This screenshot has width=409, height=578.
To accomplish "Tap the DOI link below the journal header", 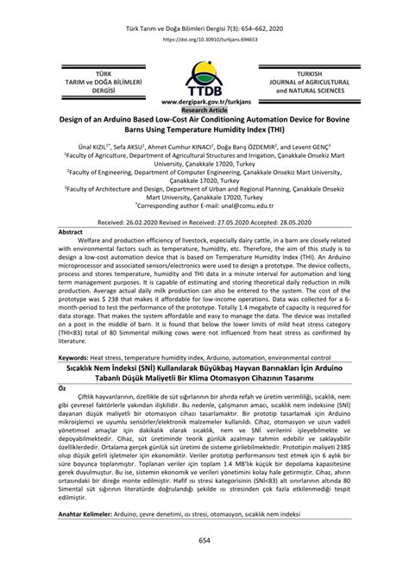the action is (x=204, y=39).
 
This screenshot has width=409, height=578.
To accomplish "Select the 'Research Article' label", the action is (x=204, y=110).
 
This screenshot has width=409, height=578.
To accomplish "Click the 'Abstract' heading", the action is (x=70, y=233).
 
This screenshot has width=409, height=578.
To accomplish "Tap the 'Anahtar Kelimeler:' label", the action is (x=91, y=513).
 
